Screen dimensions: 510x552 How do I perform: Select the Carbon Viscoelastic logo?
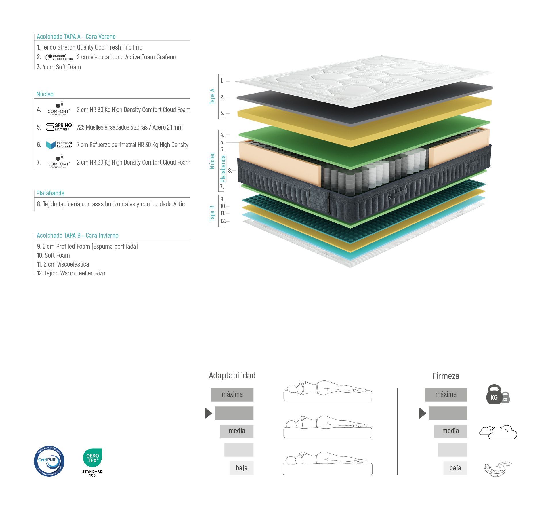click(59, 57)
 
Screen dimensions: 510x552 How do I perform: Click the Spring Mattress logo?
click(59, 127)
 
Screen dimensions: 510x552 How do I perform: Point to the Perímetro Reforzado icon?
click(59, 145)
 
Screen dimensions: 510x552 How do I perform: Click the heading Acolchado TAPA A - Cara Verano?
click(76, 37)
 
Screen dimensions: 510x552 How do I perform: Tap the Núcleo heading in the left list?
click(45, 94)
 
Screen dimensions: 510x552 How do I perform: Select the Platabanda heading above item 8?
click(50, 193)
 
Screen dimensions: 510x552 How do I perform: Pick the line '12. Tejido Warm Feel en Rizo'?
click(71, 273)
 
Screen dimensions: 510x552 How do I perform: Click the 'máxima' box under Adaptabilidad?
click(232, 395)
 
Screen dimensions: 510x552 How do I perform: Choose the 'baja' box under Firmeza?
click(455, 468)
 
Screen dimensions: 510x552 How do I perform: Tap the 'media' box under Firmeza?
click(450, 431)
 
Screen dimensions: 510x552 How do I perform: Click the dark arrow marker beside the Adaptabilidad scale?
click(208, 413)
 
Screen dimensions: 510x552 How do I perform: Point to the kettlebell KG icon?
click(498, 394)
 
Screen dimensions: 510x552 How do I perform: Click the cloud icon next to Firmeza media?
click(498, 432)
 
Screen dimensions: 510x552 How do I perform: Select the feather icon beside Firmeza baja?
click(498, 469)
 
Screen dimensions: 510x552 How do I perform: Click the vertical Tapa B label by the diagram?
click(212, 213)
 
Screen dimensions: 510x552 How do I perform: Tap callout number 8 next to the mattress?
click(230, 171)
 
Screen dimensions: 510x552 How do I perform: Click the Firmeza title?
click(446, 376)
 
